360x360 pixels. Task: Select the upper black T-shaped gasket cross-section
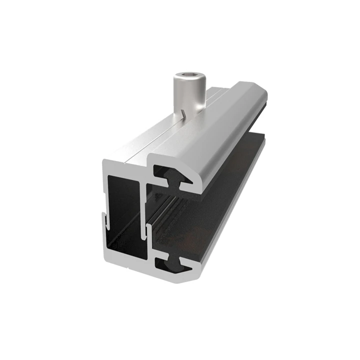[x=172, y=177]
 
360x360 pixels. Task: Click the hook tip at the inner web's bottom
[x=148, y=230]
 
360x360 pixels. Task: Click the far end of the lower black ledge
[x=261, y=142]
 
